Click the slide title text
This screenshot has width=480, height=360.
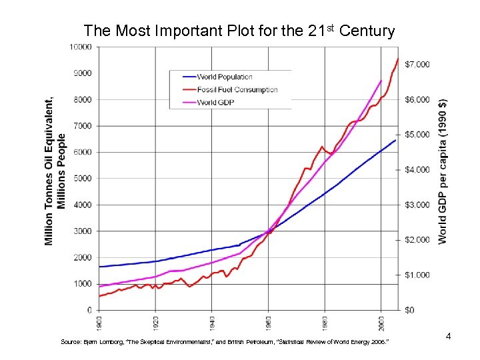tap(239, 31)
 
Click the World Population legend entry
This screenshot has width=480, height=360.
tap(225, 77)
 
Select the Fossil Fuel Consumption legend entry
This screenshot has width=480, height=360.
tap(237, 90)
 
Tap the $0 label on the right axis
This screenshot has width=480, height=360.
tap(411, 310)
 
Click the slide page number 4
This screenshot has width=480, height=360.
tap(448, 336)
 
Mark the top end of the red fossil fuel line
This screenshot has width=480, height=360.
tap(398, 59)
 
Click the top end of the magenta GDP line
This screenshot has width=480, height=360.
tap(381, 81)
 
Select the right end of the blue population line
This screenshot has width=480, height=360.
tap(396, 140)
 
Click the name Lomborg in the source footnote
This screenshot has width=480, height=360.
tap(105, 342)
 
